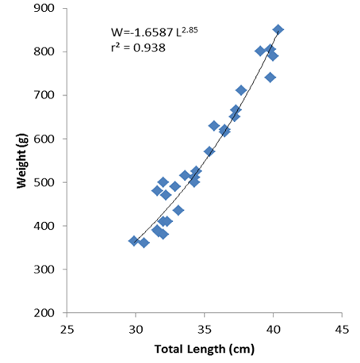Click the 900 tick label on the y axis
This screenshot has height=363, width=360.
click(44, 8)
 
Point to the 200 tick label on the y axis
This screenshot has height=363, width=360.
click(44, 313)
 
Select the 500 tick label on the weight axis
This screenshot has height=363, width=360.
click(44, 182)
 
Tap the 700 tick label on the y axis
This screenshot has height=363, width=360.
click(44, 95)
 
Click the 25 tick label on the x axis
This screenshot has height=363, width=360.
click(67, 330)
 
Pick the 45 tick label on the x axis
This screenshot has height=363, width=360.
click(342, 330)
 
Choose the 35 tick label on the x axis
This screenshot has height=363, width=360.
click(205, 330)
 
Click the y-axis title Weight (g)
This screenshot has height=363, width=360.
click(21, 161)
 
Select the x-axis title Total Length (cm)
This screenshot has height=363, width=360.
click(205, 350)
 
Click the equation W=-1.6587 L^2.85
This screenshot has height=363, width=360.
click(155, 32)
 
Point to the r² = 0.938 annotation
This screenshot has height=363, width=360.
click(138, 48)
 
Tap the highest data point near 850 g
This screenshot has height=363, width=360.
click(278, 29)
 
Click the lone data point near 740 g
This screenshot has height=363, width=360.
click(270, 78)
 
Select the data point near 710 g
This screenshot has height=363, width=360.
click(241, 90)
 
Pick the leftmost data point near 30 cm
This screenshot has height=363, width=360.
click(134, 241)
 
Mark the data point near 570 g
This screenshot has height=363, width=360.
click(209, 151)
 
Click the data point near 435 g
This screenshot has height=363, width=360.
click(178, 211)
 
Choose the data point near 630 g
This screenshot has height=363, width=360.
click(214, 126)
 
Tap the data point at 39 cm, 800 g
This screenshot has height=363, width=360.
click(260, 51)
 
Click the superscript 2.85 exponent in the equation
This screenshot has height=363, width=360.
click(190, 29)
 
